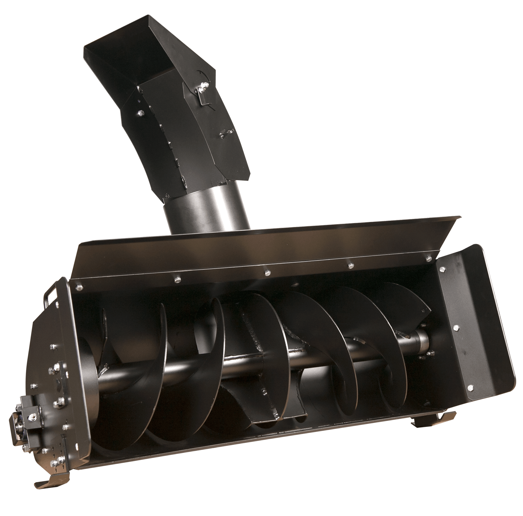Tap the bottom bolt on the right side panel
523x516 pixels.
[470, 388]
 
